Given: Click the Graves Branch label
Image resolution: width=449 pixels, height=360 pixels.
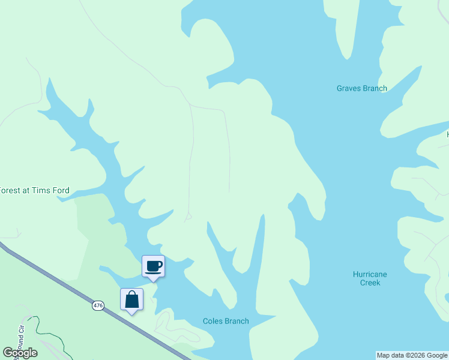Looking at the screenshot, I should pos(361,88).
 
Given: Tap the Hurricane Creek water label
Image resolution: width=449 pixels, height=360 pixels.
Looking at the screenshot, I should pos(370,278).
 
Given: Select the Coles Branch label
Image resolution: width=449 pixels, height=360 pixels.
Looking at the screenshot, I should pos(225,321).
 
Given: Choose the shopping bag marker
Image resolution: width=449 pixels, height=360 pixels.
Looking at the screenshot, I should pos(131,299).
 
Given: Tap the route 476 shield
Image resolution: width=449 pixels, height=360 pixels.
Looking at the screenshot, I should pos(98,305).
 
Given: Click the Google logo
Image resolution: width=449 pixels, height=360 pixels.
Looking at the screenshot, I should pos(20,353).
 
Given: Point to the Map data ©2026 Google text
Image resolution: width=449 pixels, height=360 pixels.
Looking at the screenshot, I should pos(412,355).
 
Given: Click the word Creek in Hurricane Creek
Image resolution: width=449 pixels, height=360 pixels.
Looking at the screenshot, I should pos(370,283).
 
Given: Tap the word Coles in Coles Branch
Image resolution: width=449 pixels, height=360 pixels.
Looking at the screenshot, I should pos(212,321).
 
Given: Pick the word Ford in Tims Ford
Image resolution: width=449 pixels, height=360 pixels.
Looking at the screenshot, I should pos(60,191).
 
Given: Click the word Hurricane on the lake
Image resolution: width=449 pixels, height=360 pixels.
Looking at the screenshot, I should pos(370,274).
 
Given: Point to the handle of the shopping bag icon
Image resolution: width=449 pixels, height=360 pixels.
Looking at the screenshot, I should pos(131,294).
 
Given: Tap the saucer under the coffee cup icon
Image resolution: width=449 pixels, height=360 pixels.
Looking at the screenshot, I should pos(153,272).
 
